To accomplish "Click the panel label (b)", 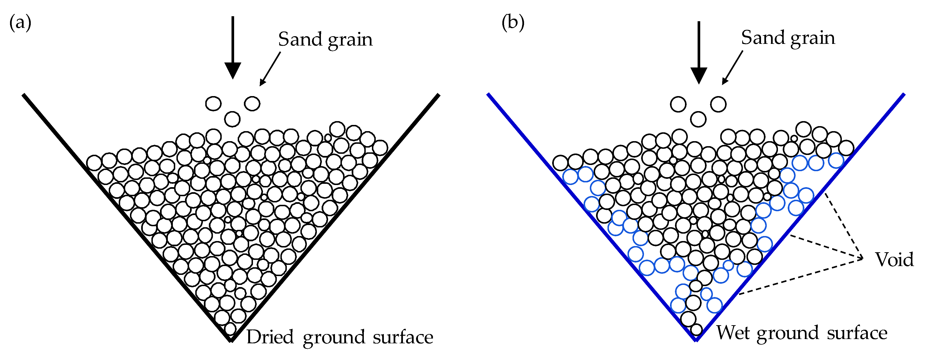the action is point(513,23).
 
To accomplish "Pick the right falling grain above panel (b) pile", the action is point(718,104).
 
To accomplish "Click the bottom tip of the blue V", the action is point(696,339).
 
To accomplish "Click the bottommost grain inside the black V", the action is point(230,329).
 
